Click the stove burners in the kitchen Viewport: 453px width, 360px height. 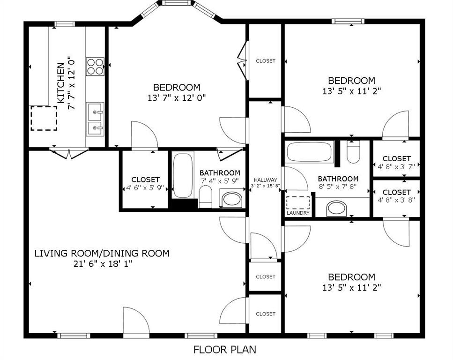click(95, 66)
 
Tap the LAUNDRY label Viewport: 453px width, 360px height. click(298, 213)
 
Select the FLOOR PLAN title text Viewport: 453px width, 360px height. click(225, 349)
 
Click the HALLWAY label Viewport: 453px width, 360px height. click(266, 180)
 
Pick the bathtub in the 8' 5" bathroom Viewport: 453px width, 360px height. click(310, 152)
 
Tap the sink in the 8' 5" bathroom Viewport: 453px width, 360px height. click(336, 208)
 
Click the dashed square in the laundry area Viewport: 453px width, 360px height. click(298, 202)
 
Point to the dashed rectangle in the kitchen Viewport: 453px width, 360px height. click(44, 118)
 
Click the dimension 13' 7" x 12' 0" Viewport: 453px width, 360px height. click(177, 97)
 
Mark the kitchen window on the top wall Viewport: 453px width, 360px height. click(65, 24)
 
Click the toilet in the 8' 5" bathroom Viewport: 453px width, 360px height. click(353, 153)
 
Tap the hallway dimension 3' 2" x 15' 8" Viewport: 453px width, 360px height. click(266, 186)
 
